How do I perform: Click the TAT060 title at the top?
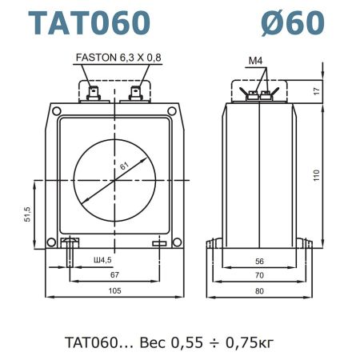point(90,22)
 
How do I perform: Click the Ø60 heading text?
point(293,22)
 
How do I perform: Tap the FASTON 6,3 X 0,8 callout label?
point(118,58)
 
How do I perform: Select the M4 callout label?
point(255,61)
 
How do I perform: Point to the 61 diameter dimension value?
point(124,166)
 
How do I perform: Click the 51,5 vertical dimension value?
point(27,214)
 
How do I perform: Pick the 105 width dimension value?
point(114,290)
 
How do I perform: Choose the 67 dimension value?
point(114,274)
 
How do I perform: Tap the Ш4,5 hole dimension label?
point(102,260)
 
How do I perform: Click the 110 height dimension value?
point(316,175)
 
